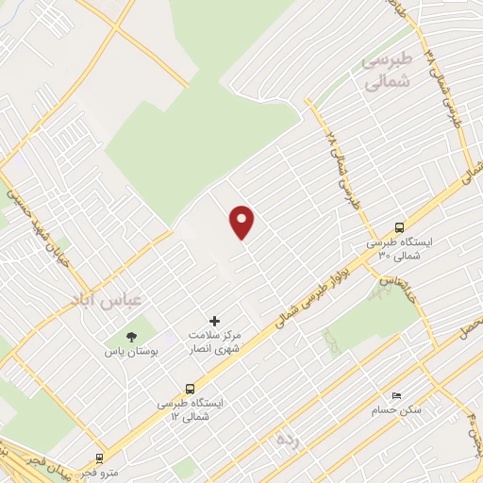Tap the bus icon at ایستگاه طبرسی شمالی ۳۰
tap(399, 227)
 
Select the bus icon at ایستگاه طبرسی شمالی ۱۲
tap(191, 388)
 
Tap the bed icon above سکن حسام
tap(395, 396)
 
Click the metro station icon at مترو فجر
tap(99, 458)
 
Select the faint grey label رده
tap(286, 440)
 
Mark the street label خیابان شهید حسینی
tap(33, 203)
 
